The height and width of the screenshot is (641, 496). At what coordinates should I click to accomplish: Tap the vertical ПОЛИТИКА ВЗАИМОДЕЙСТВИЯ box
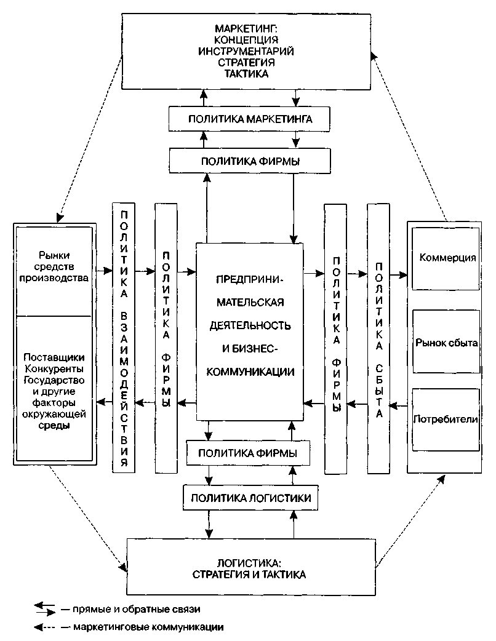(124, 337)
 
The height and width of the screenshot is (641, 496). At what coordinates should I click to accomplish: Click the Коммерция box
(447, 258)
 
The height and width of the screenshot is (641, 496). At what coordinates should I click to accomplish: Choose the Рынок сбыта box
(447, 342)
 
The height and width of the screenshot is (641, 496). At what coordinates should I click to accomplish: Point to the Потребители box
(447, 419)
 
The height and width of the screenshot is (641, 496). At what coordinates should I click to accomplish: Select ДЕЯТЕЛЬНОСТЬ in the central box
(249, 325)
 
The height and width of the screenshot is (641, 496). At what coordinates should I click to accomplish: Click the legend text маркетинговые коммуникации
(148, 628)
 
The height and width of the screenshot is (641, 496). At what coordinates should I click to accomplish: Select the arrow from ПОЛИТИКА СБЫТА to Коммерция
(398, 274)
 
